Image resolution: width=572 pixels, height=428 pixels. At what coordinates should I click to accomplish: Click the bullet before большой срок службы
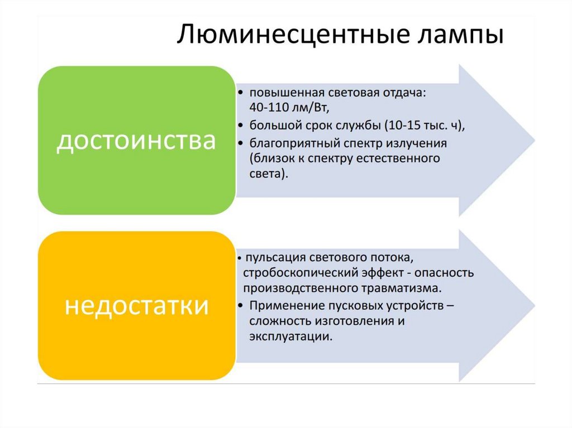point(240,125)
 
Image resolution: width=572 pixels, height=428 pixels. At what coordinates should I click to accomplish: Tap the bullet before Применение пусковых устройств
point(240,306)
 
